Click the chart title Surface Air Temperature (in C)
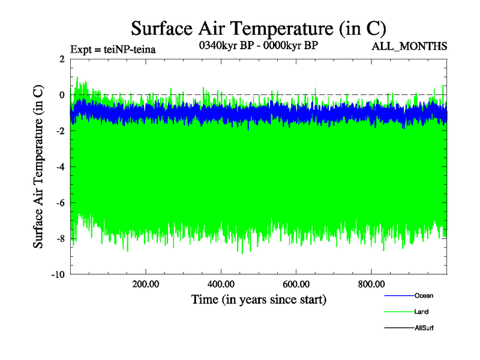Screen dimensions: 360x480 click(258, 28)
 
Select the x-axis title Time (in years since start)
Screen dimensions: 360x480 click(259, 299)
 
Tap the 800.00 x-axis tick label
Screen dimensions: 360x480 click(371, 284)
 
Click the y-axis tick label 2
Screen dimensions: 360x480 click(62, 59)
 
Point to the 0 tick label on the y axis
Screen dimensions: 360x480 click(62, 95)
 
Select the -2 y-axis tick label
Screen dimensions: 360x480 click(60, 131)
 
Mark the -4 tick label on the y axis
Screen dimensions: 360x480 click(60, 167)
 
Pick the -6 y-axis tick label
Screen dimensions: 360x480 click(60, 203)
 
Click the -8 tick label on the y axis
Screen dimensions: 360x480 click(60, 239)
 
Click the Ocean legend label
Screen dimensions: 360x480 click(424, 296)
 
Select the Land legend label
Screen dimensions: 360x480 click(421, 312)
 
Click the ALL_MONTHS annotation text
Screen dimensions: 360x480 click(410, 46)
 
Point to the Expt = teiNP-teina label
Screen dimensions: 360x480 click(113, 50)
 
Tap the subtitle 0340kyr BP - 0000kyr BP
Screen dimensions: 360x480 click(258, 46)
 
